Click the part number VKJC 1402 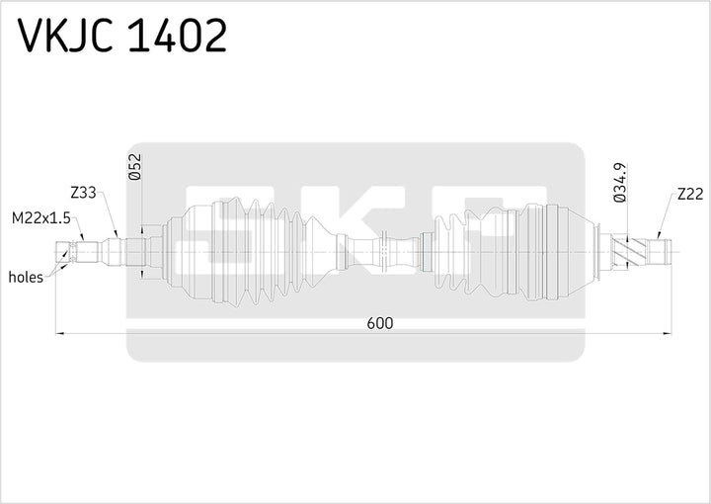coord(123,37)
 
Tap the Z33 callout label coord(83,194)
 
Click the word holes coord(26,278)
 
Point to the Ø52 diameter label coord(134,169)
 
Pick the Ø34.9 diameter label coord(620,184)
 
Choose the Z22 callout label coord(689,194)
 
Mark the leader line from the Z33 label coord(110,217)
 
